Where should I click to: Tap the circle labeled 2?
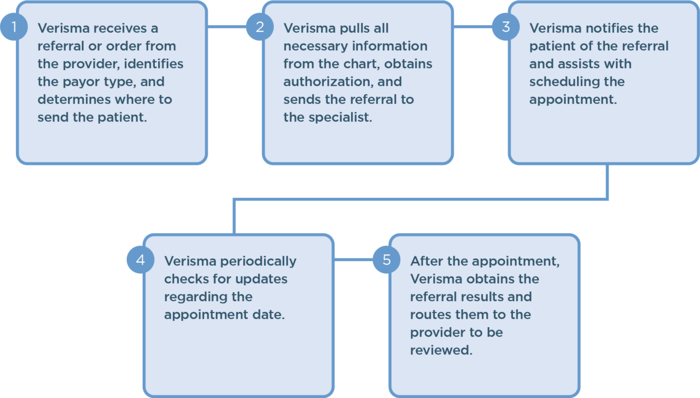[x=259, y=27]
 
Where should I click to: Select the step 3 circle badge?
[x=505, y=27]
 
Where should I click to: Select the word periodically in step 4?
[x=256, y=261]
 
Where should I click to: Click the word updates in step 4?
[x=260, y=279]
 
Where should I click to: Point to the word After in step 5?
[x=427, y=261]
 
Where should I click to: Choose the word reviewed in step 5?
[x=441, y=350]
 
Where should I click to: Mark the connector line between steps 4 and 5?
[x=353, y=259]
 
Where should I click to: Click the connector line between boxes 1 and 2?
[x=226, y=26]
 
